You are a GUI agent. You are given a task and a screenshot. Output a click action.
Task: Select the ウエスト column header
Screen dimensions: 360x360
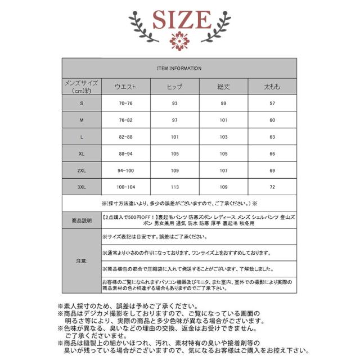point(125,87)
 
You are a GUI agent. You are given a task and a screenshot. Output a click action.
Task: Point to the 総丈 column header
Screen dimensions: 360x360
point(224,87)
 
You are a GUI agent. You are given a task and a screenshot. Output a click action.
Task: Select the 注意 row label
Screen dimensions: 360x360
point(80,262)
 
